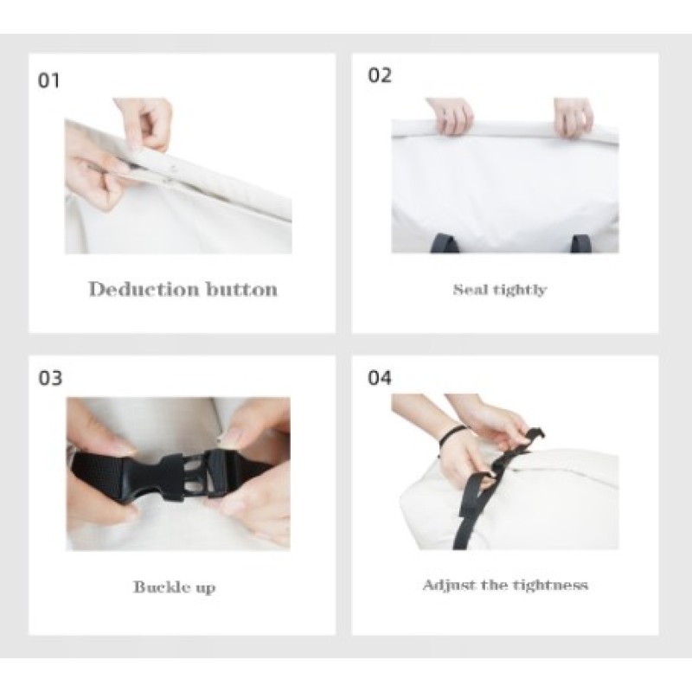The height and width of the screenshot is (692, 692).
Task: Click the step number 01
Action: click(x=48, y=80)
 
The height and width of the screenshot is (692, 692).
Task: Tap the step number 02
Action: click(x=380, y=75)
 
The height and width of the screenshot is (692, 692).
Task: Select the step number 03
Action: click(x=50, y=378)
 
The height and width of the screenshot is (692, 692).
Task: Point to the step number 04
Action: click(x=380, y=378)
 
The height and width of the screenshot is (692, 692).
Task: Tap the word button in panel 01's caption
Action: click(x=242, y=290)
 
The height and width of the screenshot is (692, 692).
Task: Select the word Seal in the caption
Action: click(x=471, y=290)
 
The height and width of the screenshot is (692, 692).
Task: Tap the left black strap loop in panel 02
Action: click(x=444, y=243)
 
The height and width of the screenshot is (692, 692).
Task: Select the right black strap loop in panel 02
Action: click(x=579, y=244)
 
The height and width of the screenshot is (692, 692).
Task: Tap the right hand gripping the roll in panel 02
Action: click(x=573, y=117)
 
